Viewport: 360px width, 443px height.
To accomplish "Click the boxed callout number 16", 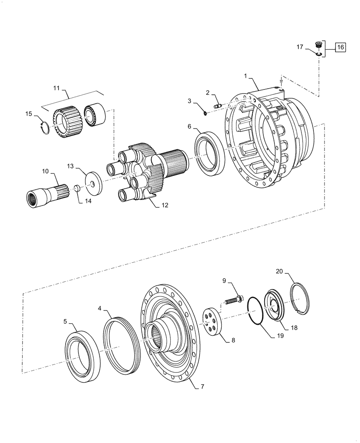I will tap(340, 47).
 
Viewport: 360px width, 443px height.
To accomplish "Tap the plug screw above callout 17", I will tap(318, 44).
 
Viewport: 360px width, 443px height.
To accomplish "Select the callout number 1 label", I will tap(245, 76).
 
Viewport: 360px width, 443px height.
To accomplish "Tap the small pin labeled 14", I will tap(76, 188).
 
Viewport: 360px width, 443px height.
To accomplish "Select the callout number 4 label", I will tap(100, 307).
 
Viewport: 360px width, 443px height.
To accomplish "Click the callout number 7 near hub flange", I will tap(202, 386).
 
